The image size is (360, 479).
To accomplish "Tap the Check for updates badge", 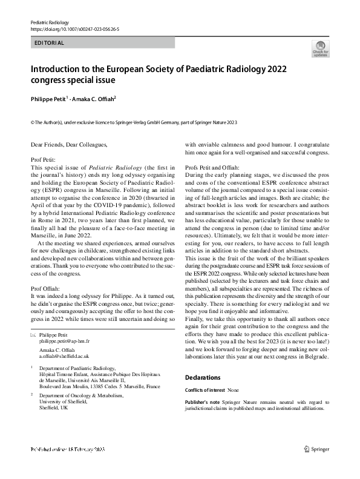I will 320,48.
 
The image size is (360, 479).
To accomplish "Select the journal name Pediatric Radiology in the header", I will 51,21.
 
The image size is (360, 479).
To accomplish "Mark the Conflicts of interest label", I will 205,390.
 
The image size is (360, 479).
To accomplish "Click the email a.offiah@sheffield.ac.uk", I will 64,357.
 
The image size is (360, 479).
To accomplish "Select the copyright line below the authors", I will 134,122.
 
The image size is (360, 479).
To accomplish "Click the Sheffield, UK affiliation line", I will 53,408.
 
